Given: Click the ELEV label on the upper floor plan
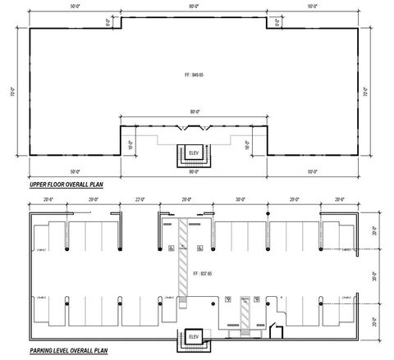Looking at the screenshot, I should point(195,153).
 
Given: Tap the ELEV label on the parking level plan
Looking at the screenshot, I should point(194,337).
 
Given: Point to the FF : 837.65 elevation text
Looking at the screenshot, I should point(196,272).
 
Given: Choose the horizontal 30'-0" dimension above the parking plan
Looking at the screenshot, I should point(240,198).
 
